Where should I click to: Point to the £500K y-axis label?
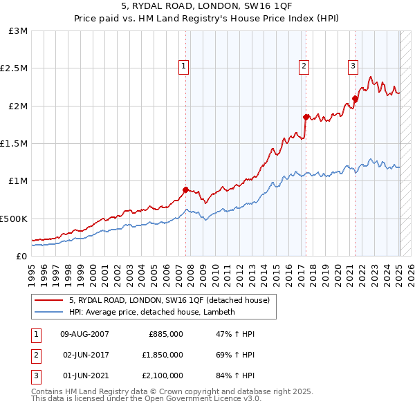tap(14, 219)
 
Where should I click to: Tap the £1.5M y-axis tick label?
tap(14, 144)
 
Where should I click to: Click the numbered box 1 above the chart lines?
tap(184, 66)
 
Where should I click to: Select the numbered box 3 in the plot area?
tap(353, 66)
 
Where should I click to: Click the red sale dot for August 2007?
tap(185, 189)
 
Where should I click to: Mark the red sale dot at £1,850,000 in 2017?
tap(306, 117)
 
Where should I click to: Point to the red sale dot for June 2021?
tap(355, 98)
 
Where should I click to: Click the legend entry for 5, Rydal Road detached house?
tap(173, 300)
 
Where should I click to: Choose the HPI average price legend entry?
tap(152, 312)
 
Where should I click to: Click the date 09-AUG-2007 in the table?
tap(85, 334)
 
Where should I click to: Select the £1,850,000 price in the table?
tap(166, 355)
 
